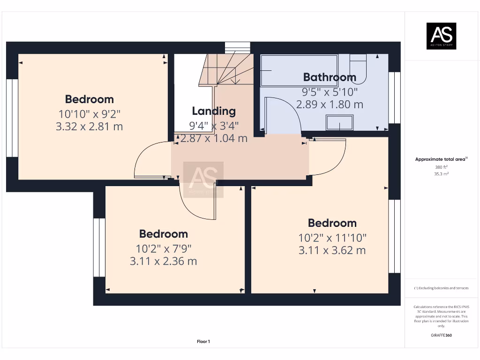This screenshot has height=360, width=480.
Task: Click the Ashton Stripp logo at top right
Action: tap(441, 36)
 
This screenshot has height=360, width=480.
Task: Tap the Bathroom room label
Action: tap(330, 77)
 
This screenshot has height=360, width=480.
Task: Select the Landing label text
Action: tap(214, 111)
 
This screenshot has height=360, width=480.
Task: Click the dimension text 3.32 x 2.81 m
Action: tap(89, 126)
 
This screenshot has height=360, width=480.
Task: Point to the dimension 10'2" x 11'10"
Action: tap(332, 237)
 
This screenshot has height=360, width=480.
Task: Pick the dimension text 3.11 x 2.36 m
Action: tap(163, 261)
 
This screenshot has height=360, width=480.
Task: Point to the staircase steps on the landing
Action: tap(225, 70)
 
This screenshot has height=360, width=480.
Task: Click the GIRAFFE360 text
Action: tap(441, 335)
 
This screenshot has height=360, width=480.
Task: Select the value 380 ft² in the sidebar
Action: tap(441, 167)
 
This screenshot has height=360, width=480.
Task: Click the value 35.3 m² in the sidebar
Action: tap(441, 173)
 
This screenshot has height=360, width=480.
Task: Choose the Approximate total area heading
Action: tap(441, 159)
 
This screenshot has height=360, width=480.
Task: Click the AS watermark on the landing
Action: tap(203, 179)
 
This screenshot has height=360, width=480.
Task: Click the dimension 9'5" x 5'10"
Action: tap(330, 91)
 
